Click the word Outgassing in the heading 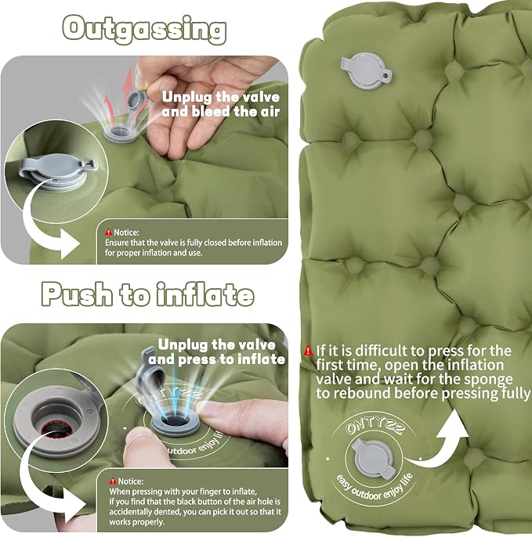click(144, 30)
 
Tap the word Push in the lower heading click(77, 294)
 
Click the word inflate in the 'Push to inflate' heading click(205, 294)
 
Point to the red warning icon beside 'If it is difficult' click(308, 351)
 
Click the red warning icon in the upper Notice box click(109, 232)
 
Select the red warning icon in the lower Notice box click(113, 481)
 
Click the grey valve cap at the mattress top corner click(366, 71)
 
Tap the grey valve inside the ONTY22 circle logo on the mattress click(374, 459)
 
